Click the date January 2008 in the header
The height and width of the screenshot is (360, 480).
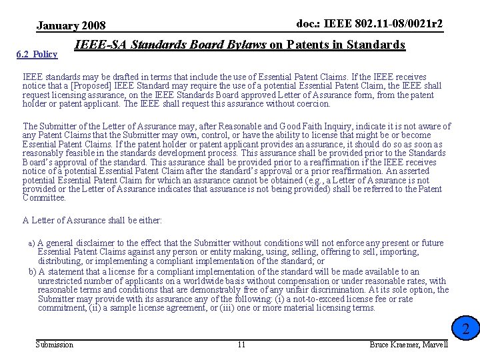coord(71,26)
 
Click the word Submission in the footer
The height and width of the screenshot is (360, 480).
coord(54,344)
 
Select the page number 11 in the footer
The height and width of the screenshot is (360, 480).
coord(241,344)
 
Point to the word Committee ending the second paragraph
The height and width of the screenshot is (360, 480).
coord(44,198)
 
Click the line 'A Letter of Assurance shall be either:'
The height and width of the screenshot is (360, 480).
coord(92,220)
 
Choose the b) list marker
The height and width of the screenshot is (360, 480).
coord(32,272)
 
